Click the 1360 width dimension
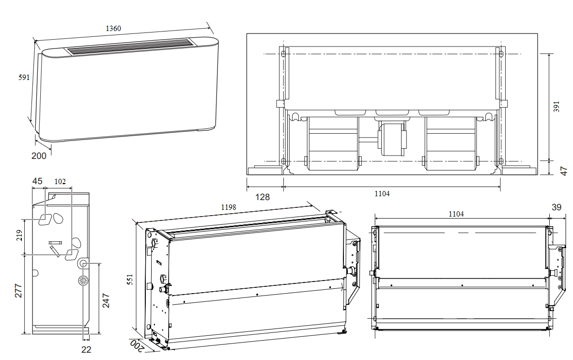click(x=113, y=29)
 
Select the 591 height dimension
click(x=24, y=78)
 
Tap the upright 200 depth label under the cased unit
click(x=39, y=156)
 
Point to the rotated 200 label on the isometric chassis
click(x=136, y=345)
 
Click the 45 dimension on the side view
click(x=38, y=181)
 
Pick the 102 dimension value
click(x=60, y=182)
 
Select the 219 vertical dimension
click(x=19, y=235)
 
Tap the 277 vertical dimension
click(x=18, y=291)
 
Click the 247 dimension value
click(x=106, y=300)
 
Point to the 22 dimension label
click(x=86, y=350)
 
